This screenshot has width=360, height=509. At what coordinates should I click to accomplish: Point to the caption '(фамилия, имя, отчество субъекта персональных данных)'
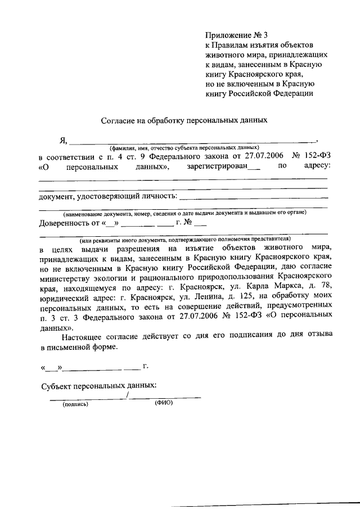pos(184,146)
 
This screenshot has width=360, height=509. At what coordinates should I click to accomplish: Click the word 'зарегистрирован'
pos(219,166)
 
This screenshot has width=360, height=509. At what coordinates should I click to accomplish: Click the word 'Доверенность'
pos(64,223)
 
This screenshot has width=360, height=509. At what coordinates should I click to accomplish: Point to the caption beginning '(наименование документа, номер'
pos(184,213)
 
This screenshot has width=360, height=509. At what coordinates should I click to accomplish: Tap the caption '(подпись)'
pos(75,404)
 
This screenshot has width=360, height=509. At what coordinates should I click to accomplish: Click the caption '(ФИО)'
pos(163,403)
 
